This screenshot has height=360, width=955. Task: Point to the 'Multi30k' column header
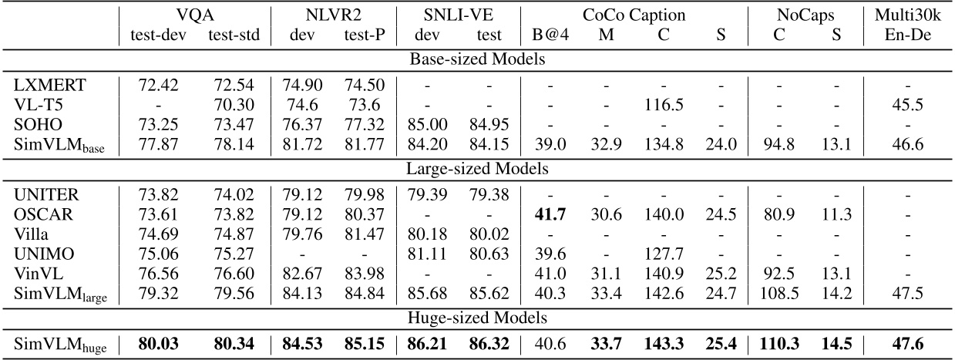point(913,13)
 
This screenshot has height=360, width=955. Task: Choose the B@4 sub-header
point(549,35)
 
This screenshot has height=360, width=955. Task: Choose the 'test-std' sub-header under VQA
point(230,35)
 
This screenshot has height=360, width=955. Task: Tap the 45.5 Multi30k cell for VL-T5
point(913,103)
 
